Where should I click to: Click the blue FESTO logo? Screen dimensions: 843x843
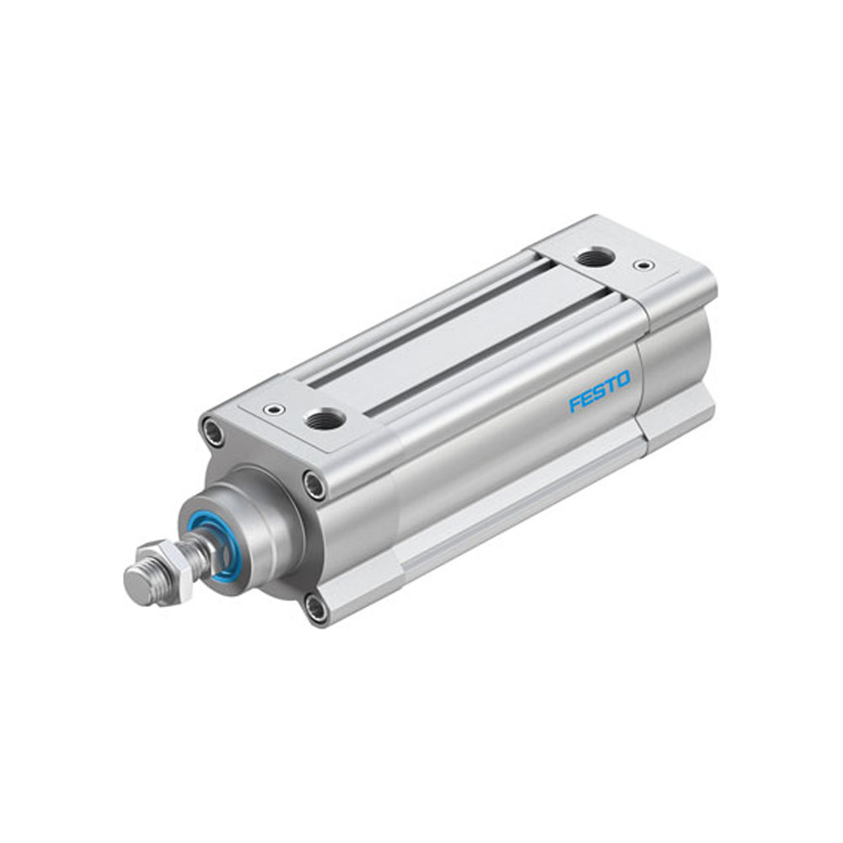click(599, 394)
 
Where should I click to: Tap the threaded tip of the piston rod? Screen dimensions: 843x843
click(141, 582)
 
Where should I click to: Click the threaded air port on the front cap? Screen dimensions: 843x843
click(323, 418)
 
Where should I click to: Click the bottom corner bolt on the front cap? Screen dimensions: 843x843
click(314, 609)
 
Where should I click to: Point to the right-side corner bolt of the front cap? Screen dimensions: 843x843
click(314, 485)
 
